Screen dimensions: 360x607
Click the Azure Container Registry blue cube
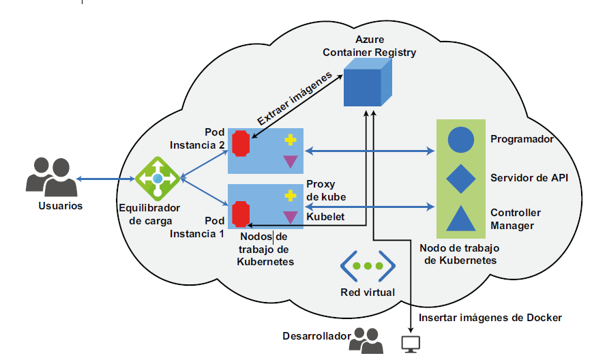click(x=367, y=83)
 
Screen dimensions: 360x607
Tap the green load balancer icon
click(x=158, y=178)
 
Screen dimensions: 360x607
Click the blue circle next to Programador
click(x=460, y=139)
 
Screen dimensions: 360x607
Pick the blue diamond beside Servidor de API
click(x=460, y=179)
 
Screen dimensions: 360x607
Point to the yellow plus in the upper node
click(x=291, y=140)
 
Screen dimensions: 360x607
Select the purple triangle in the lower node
click(x=291, y=217)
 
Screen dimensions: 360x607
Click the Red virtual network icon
click(x=368, y=267)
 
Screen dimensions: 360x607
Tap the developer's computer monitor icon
click(x=411, y=343)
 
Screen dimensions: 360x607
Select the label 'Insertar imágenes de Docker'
click(x=490, y=318)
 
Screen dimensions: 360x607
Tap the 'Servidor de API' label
click(x=529, y=178)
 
